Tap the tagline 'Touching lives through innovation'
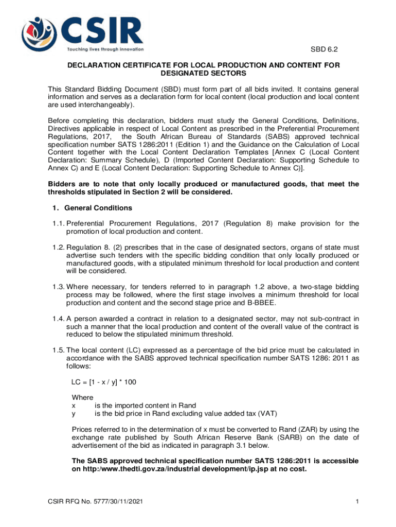click(105, 50)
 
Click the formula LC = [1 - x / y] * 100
click(104, 381)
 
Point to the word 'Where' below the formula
click(82, 397)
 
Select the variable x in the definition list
click(73, 405)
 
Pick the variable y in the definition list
click(73, 413)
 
